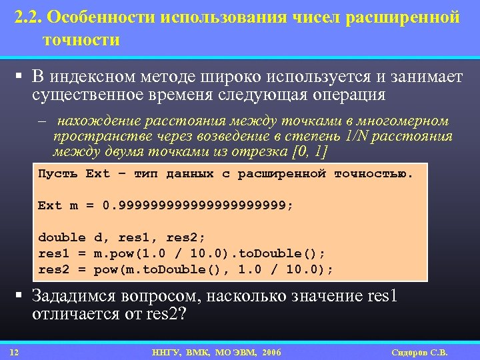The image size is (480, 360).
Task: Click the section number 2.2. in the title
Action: [x=31, y=17]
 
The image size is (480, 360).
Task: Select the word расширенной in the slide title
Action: [x=404, y=17]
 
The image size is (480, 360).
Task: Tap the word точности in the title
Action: [x=81, y=40]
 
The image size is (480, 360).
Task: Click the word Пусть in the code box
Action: [x=58, y=174]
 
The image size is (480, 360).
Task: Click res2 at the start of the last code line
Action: [x=54, y=269]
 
